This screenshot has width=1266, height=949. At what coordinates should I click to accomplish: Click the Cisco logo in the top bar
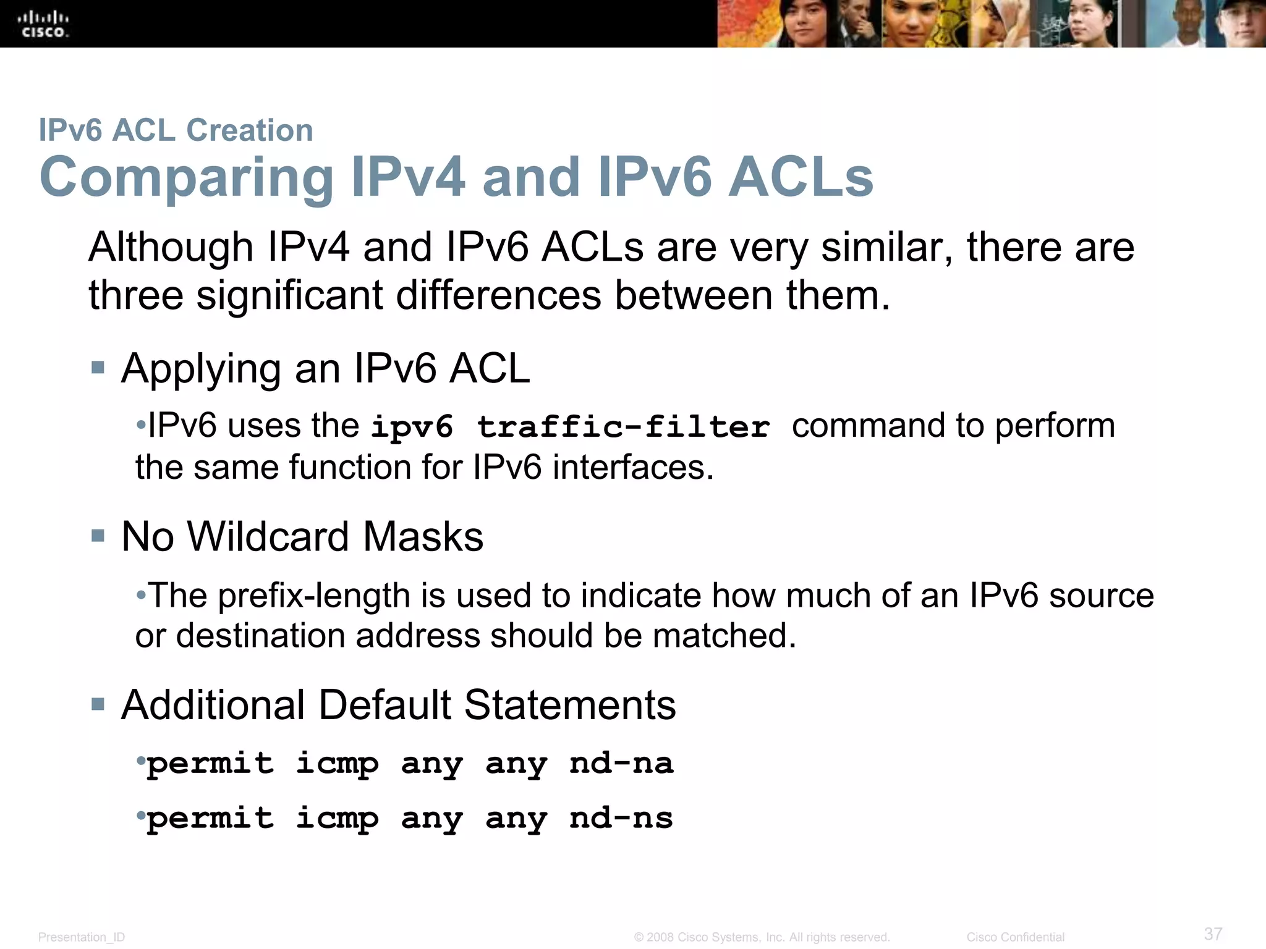[44, 24]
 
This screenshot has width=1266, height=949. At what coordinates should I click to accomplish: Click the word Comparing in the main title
[186, 178]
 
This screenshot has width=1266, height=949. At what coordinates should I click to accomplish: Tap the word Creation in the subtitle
[250, 130]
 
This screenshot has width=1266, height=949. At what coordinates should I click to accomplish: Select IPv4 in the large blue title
[408, 177]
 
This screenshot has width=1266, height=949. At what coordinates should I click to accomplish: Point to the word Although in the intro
[171, 248]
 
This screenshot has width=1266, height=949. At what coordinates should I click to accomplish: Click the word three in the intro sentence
[136, 295]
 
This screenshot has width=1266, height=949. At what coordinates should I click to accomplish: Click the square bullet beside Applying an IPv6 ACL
[98, 368]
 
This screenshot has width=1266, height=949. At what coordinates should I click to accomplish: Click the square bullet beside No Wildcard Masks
[98, 536]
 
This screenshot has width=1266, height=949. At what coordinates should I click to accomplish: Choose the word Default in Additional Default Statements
[384, 705]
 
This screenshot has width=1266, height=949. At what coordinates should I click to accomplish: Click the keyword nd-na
[621, 763]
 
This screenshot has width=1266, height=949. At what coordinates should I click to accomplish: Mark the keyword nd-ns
[621, 818]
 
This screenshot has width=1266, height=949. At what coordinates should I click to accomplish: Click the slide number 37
[1213, 934]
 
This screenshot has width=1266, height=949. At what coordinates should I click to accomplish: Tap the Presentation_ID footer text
[82, 937]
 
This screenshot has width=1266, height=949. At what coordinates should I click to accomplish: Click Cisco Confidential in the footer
[1015, 937]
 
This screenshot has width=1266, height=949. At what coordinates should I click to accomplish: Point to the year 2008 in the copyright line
[659, 937]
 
